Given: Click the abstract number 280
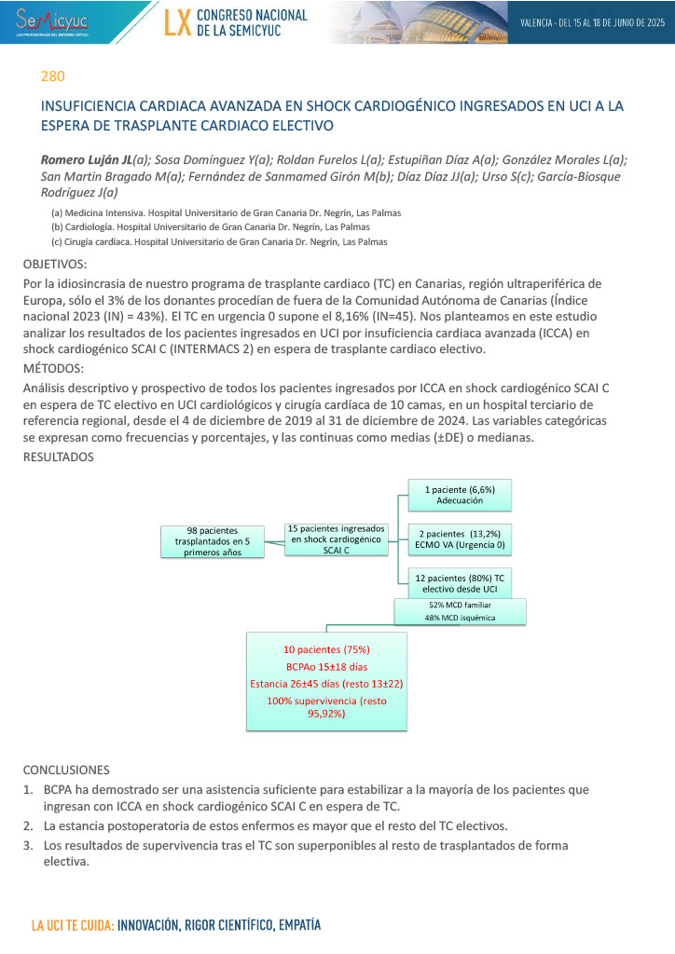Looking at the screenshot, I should pos(52,75).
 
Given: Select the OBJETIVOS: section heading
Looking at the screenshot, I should pos(54,265).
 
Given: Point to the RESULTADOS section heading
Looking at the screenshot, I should pos(58,457).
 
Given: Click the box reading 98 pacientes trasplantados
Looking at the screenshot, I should pos(213,539).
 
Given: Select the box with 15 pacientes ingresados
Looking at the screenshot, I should pos(336,538).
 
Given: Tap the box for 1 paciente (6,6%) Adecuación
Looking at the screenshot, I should pos(460,495).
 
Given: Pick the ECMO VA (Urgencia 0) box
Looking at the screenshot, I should pos(460,538).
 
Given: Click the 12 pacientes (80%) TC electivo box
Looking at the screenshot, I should pos(460,583).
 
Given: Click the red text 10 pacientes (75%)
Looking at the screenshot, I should pos(326,648).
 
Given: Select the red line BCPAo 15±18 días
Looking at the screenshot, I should pos(326,666).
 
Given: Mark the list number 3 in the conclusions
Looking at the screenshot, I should pos(28,845).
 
